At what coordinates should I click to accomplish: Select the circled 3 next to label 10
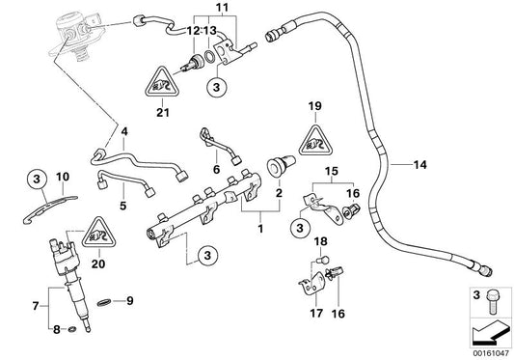[x=35, y=178]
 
